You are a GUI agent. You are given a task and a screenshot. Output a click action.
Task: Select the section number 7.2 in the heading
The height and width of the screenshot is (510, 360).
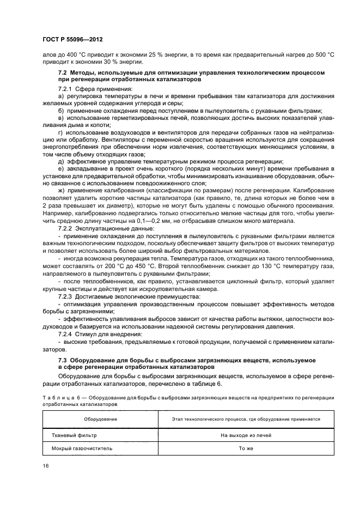pos(63,72)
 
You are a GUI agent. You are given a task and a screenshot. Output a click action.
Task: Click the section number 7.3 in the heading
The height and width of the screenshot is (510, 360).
pos(63,361)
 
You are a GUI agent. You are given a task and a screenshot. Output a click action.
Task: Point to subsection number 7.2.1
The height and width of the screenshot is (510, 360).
pos(66,88)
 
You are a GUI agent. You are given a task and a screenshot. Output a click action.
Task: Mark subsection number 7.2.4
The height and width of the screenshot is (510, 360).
pos(66,333)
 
